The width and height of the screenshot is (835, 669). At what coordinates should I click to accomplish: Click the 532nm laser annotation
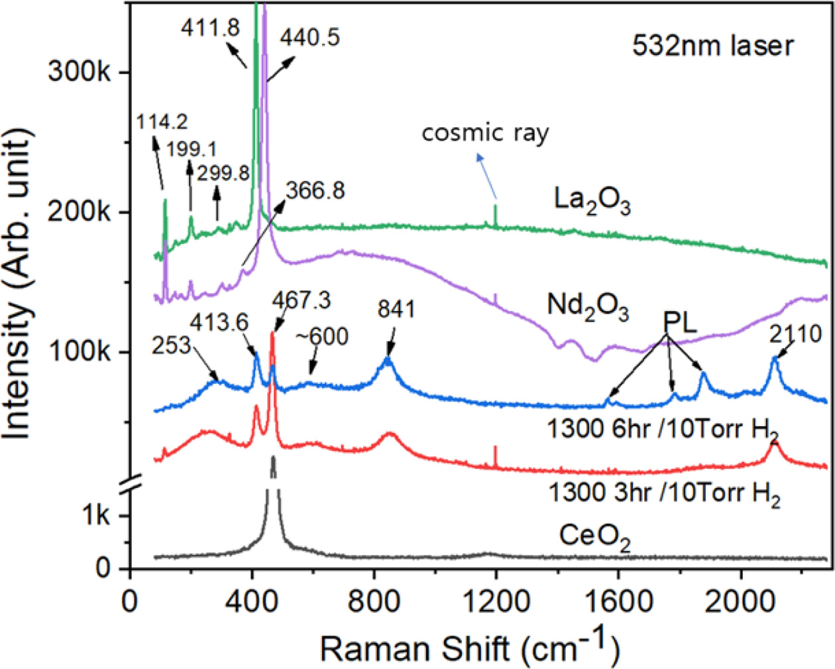pos(712,46)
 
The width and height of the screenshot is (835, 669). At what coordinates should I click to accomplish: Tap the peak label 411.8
pos(210,27)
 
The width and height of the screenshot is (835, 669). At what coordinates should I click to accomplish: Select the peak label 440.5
pos(309,37)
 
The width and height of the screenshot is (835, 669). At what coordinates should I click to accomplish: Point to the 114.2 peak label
pos(162,122)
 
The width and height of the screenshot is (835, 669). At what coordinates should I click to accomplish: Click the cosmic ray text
pos(485,133)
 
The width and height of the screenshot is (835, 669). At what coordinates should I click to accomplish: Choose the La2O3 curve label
pos(592,200)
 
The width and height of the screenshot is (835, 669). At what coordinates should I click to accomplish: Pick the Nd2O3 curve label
pos(587,306)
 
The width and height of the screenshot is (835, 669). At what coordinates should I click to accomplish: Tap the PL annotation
pos(681,324)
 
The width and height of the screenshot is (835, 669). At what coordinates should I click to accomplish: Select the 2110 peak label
pos(795,335)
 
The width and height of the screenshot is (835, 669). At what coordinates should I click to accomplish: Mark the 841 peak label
pos(396,309)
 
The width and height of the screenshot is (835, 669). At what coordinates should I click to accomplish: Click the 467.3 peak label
pos(301,300)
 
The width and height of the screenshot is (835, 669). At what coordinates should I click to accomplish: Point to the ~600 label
pos(321,337)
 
